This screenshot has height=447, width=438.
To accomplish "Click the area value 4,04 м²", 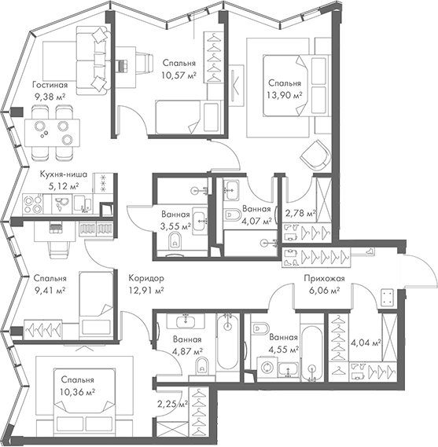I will [x=365, y=343].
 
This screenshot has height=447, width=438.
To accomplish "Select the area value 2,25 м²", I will [x=172, y=405].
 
